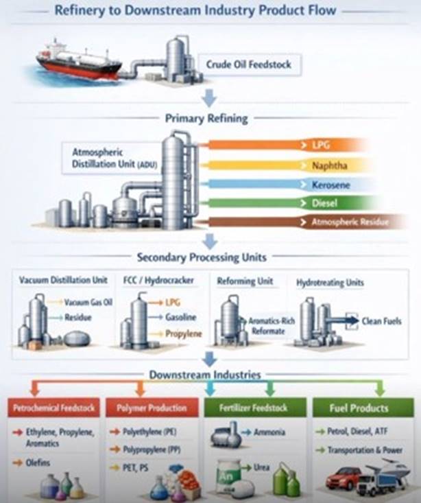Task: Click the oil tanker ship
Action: [x=79, y=62]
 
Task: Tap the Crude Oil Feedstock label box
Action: [x=249, y=65]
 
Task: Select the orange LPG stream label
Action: [x=321, y=145]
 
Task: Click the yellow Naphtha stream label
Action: [x=330, y=165]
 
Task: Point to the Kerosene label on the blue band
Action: [x=331, y=185]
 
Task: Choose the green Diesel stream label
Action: [x=324, y=203]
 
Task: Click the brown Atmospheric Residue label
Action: [x=350, y=222]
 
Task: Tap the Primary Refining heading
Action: [x=206, y=118]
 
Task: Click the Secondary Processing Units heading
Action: [x=202, y=257]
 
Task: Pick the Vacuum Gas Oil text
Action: [x=88, y=302]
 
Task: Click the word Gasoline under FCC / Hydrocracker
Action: [x=180, y=317]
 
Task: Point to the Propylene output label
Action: [x=183, y=334]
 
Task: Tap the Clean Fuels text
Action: [x=381, y=321]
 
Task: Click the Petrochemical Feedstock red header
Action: [x=54, y=408]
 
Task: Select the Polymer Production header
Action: [x=152, y=408]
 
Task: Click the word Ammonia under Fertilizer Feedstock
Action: [x=269, y=432]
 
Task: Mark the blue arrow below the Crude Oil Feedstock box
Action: [x=209, y=98]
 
